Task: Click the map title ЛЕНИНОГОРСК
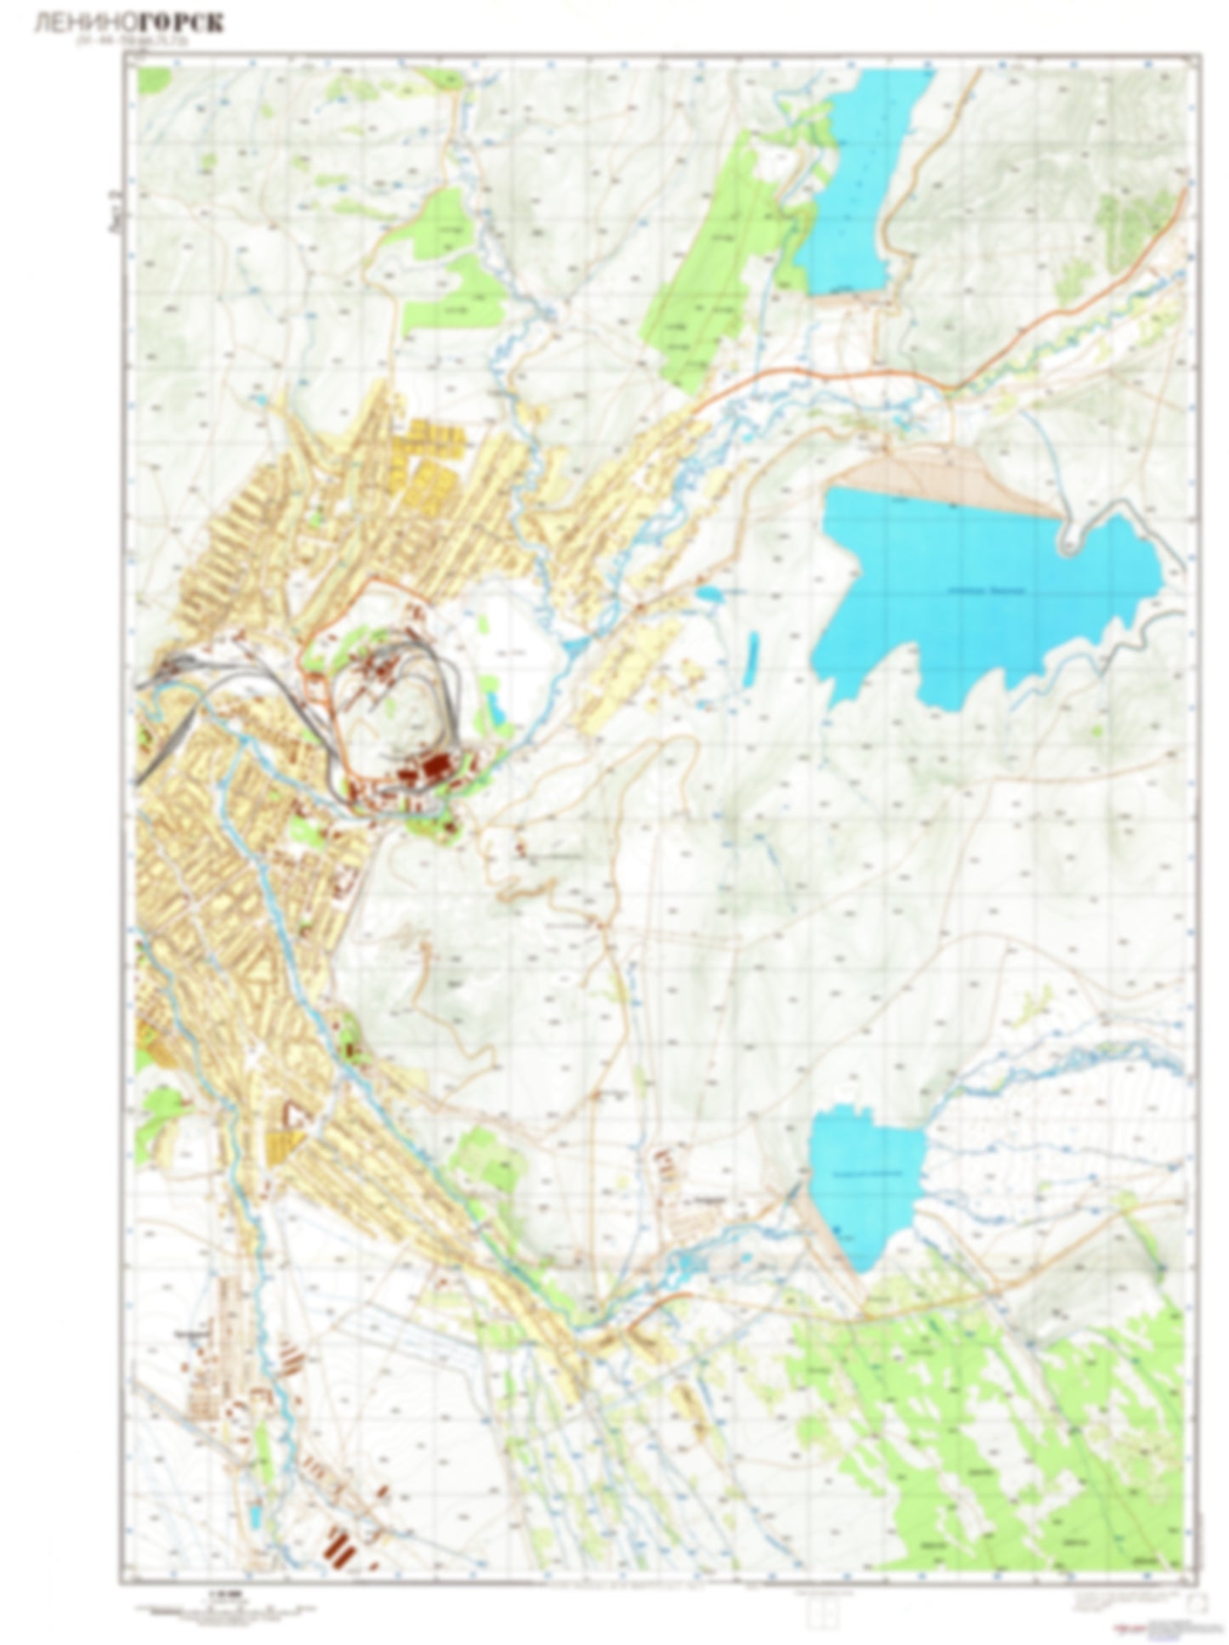128,24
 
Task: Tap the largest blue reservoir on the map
978,595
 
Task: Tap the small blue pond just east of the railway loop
493,706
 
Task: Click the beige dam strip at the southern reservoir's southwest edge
829,1233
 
